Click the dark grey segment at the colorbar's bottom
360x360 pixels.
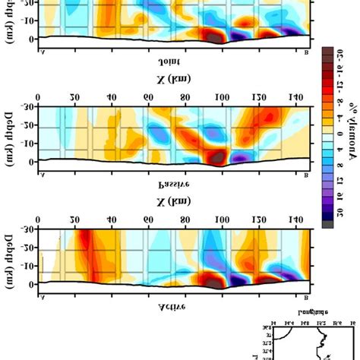[x=326, y=223]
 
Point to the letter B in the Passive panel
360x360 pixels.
[x=305, y=175]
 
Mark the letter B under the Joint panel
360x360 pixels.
[x=305, y=52]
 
